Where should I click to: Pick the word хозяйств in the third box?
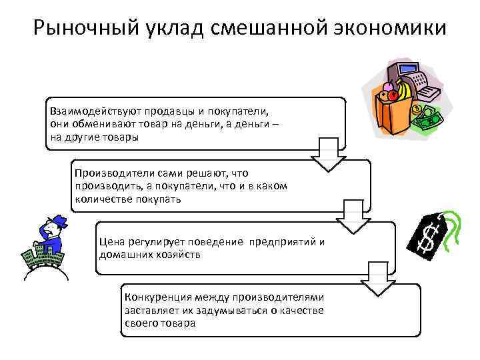pos(181,255)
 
